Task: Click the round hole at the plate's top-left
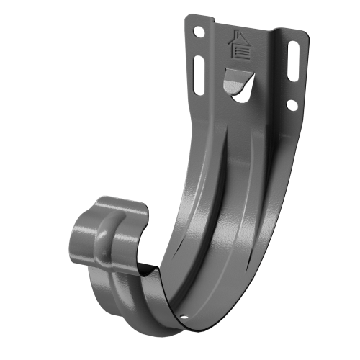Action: click(199, 32)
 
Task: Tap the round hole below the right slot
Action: click(292, 105)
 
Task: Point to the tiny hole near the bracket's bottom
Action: click(184, 316)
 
